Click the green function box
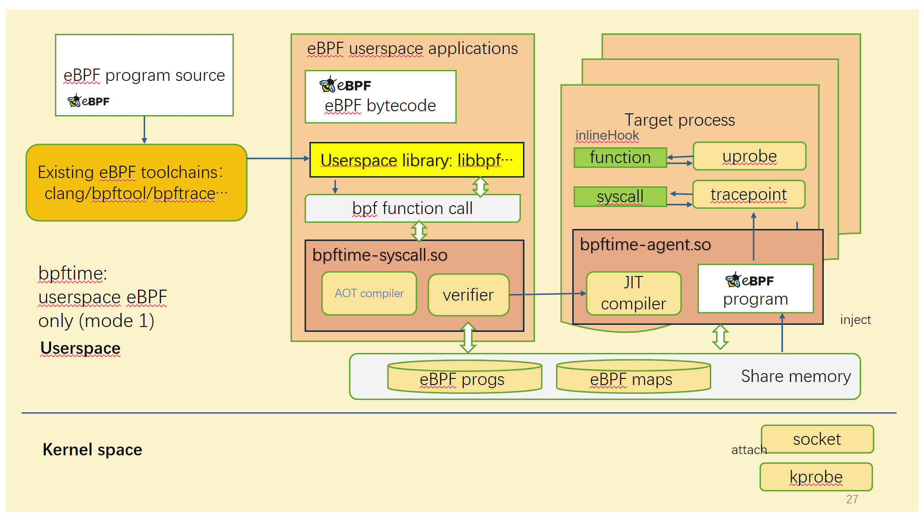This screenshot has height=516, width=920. pyautogui.click(x=620, y=157)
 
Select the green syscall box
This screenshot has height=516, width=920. pyautogui.click(x=620, y=196)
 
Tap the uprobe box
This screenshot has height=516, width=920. pyautogui.click(x=749, y=156)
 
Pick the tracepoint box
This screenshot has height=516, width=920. pyautogui.click(x=749, y=194)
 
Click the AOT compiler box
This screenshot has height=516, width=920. pyautogui.click(x=369, y=293)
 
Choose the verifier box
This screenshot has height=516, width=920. pyautogui.click(x=468, y=295)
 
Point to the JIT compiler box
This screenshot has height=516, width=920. pyautogui.click(x=633, y=293)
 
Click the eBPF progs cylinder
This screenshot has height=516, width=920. pyautogui.click(x=464, y=377)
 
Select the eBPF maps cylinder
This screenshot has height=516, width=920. pyautogui.click(x=633, y=377)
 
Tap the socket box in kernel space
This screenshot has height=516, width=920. pyautogui.click(x=817, y=439)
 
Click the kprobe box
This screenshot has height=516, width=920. pyautogui.click(x=816, y=477)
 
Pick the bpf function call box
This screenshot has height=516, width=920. pyautogui.click(x=412, y=208)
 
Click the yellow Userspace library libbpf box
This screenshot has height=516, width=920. pyautogui.click(x=416, y=160)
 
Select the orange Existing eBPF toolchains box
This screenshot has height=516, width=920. pyautogui.click(x=136, y=182)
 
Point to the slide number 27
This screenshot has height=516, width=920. pyautogui.click(x=852, y=499)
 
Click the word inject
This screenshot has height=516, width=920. pyautogui.click(x=855, y=320)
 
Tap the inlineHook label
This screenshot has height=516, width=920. pyautogui.click(x=607, y=135)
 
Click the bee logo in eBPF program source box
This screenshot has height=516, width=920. pyautogui.click(x=74, y=101)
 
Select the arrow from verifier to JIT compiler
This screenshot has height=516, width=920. pyautogui.click(x=547, y=294)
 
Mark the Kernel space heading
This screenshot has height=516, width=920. pyautogui.click(x=92, y=450)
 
